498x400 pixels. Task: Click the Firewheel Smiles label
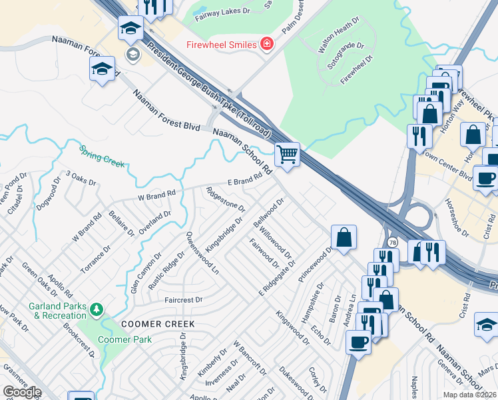pos(221,45)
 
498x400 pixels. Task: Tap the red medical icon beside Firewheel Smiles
pos(267,44)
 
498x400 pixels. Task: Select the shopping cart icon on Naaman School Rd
pos(287,154)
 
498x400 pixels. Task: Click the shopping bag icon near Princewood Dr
pos(344,237)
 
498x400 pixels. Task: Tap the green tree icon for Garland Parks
pos(97,309)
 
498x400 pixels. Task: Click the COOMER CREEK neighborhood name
pos(158,324)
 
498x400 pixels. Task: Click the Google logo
pos(22,392)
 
